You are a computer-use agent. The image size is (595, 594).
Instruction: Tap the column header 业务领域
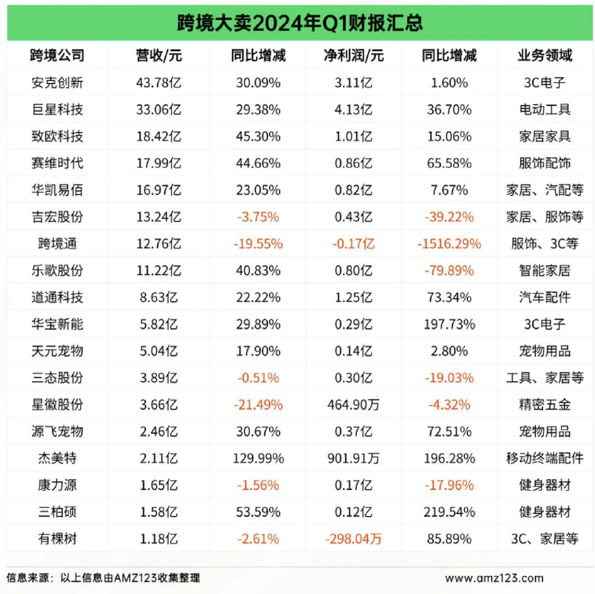tap(544, 56)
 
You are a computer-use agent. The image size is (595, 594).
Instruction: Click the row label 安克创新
tap(58, 82)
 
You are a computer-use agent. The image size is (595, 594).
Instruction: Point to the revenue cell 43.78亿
tap(158, 82)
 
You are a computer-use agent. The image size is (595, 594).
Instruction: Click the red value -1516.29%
tap(449, 244)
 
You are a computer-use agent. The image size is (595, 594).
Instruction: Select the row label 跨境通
tap(58, 244)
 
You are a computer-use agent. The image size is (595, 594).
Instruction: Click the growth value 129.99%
tap(258, 458)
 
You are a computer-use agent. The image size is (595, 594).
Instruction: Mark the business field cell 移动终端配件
tap(544, 458)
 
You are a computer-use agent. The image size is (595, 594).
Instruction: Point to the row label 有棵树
tap(58, 539)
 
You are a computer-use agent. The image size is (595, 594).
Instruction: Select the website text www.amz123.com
tap(494, 578)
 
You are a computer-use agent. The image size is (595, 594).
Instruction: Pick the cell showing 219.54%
tap(449, 512)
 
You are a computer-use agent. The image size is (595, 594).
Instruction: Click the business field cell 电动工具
tap(544, 109)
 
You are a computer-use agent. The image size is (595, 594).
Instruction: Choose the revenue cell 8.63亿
tap(158, 298)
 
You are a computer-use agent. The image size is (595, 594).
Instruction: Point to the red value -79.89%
tap(449, 271)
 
